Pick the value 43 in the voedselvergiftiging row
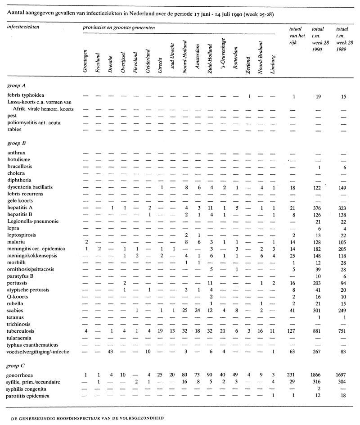[x=111, y=351]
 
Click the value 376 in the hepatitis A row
[x=317, y=208]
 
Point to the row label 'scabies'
[x=16, y=310]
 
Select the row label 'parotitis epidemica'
[x=29, y=395]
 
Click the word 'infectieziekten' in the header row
[x=23, y=27]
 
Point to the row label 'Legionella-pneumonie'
[x=33, y=221]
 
